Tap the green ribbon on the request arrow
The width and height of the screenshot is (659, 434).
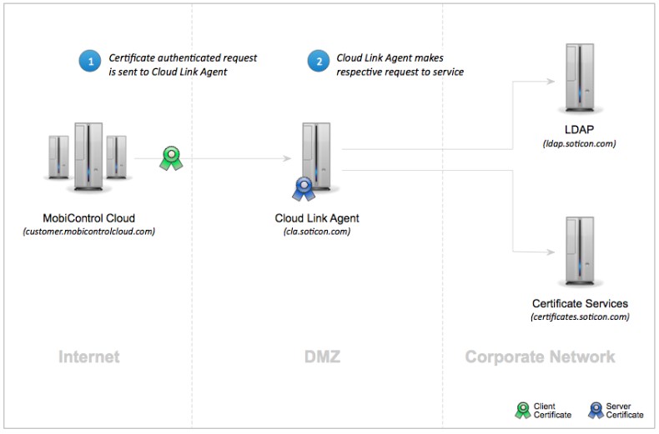pos(171,157)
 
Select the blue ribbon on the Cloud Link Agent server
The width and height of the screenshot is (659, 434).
pos(301,189)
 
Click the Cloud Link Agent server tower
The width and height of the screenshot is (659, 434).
pos(317,157)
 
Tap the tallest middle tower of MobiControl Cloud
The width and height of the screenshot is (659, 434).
pos(88,154)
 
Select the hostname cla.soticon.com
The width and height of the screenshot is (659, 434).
pos(317,232)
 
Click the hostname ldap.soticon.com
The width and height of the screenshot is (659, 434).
pos(578,144)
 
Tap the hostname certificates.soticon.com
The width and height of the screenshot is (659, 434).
pos(580,317)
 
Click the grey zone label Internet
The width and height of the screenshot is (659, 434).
pos(89,357)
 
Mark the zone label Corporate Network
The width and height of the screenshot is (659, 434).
pos(540,357)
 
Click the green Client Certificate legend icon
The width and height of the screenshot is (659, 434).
pos(521,410)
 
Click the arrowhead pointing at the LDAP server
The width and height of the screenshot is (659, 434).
pos(551,82)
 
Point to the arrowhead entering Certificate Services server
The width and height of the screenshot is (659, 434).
pos(551,252)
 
